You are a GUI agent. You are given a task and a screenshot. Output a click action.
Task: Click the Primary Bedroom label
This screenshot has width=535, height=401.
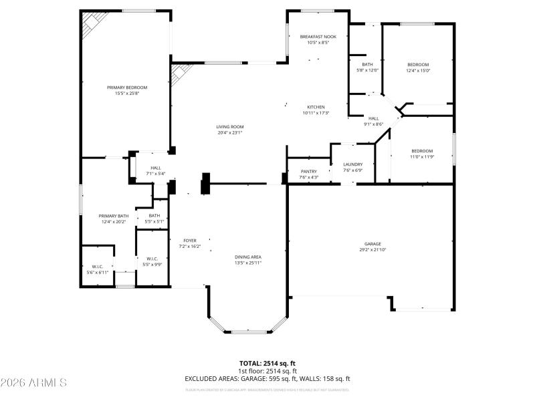[127, 88]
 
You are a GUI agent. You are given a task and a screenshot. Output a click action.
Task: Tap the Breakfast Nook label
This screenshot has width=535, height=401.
[318, 36]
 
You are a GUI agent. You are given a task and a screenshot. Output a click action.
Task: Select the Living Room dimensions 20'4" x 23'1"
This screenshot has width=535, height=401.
[229, 133]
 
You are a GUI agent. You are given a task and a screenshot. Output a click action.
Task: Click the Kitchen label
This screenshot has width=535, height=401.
[316, 107]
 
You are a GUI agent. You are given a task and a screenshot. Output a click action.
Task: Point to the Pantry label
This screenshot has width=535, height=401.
[308, 171]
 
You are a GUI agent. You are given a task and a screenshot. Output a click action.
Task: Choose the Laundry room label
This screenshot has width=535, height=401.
[352, 164]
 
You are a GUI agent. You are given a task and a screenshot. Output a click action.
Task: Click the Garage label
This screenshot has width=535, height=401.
[373, 243]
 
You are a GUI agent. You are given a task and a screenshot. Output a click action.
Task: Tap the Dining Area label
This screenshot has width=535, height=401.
[247, 257]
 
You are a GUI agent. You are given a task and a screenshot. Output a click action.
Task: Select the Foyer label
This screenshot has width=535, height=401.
[190, 241]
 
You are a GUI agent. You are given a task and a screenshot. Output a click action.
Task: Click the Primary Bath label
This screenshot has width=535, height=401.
[114, 216]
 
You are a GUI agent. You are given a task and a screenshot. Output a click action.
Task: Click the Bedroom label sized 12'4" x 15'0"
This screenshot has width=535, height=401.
[418, 64]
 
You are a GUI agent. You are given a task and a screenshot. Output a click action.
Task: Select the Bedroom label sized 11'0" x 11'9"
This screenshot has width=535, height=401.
[421, 151]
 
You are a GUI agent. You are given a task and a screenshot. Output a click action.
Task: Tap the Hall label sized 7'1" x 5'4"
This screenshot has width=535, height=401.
[155, 168]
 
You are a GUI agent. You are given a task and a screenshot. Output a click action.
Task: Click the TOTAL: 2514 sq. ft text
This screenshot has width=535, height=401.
[267, 364]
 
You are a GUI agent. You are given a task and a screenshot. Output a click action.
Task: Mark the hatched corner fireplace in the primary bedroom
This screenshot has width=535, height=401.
[90, 25]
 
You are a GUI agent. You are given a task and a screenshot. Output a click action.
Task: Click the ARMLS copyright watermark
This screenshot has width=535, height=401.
[33, 383]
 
